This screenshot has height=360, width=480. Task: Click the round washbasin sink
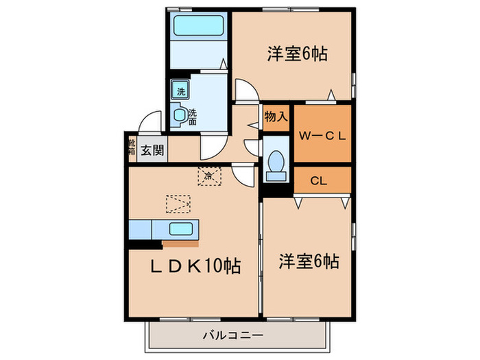coord(180,115)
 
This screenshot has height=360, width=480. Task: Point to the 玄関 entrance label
coord(152,150)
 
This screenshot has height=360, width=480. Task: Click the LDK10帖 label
coord(195,265)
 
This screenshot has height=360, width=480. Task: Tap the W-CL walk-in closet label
coord(322,134)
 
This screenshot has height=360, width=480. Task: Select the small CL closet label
coord(317,181)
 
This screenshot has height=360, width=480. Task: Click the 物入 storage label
coord(276,117)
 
